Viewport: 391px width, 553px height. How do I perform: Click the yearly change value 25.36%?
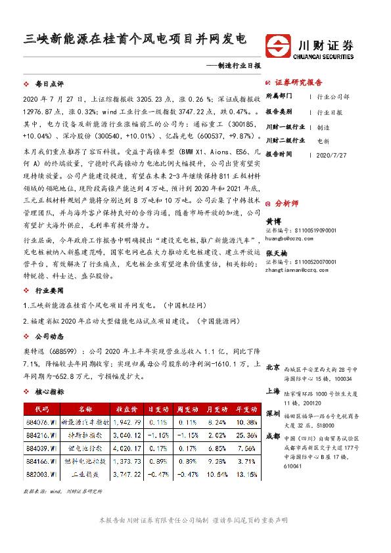click(x=248, y=435)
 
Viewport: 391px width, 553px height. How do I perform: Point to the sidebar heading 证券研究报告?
click(x=299, y=82)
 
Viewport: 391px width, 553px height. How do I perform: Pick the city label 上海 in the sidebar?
click(x=273, y=391)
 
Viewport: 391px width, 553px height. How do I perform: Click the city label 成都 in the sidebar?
click(x=273, y=436)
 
